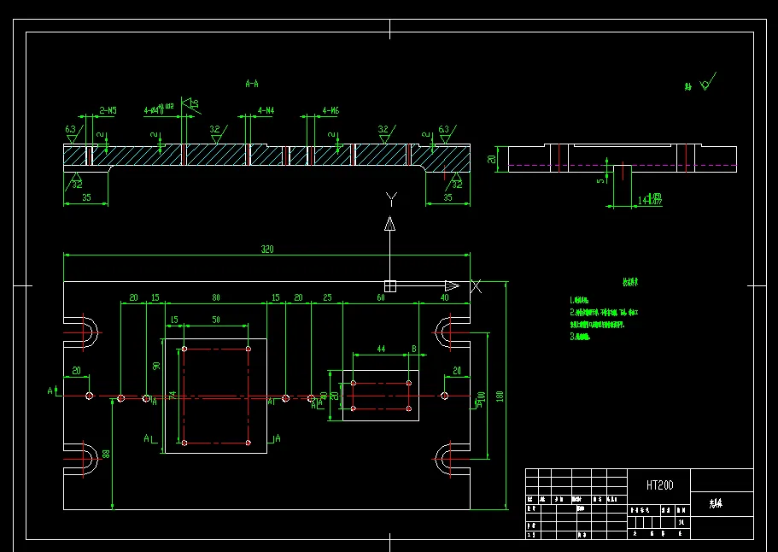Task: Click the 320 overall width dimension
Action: pos(267,249)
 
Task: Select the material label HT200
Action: pos(659,485)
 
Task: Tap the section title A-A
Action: pos(252,84)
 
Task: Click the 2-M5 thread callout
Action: pos(108,110)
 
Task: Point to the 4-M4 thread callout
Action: pos(266,110)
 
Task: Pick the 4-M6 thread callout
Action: pos(331,110)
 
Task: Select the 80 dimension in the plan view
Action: pos(216,297)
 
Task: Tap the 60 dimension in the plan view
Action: pos(380,297)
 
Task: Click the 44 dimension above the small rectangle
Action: pos(381,349)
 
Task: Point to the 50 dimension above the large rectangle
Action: pos(215,320)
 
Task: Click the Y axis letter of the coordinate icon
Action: pos(391,200)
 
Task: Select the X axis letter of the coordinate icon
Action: pos(477,286)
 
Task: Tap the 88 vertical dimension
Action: pos(106,454)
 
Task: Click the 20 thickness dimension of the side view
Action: pos(491,159)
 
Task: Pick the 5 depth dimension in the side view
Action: pos(600,179)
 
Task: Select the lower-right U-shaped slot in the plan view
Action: pos(450,460)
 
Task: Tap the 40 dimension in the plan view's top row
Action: pos(444,297)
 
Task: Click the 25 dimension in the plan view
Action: pos(327,297)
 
